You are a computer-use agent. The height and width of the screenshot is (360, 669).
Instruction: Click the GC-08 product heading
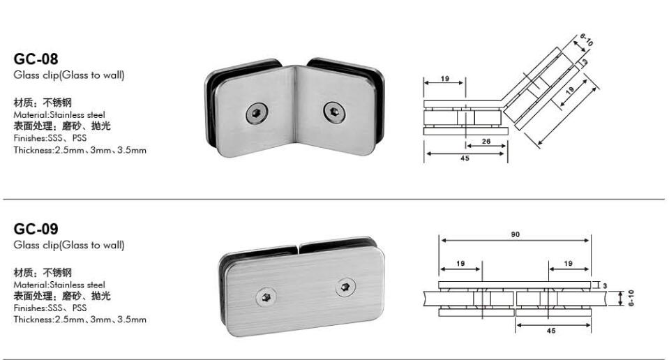click(36, 60)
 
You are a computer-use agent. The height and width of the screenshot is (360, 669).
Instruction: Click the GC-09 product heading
click(36, 230)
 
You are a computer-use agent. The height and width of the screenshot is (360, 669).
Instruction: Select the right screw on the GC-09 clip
click(344, 287)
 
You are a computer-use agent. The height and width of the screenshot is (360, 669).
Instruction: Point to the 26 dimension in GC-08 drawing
click(486, 142)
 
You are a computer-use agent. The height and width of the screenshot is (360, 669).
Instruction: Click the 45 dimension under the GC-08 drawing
click(465, 158)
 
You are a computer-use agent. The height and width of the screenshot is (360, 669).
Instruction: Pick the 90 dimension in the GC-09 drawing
click(514, 234)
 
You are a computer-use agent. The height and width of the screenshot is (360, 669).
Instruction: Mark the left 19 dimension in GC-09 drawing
click(460, 264)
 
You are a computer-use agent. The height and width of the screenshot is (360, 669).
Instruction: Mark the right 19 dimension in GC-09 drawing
click(568, 264)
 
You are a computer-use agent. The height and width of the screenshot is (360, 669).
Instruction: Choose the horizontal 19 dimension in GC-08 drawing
click(444, 78)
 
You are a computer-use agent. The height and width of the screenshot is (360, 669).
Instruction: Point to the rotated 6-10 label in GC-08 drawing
click(585, 43)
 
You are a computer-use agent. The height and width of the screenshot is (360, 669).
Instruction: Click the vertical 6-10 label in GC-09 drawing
click(630, 300)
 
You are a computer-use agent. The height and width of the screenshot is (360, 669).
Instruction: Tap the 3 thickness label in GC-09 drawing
click(604, 285)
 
